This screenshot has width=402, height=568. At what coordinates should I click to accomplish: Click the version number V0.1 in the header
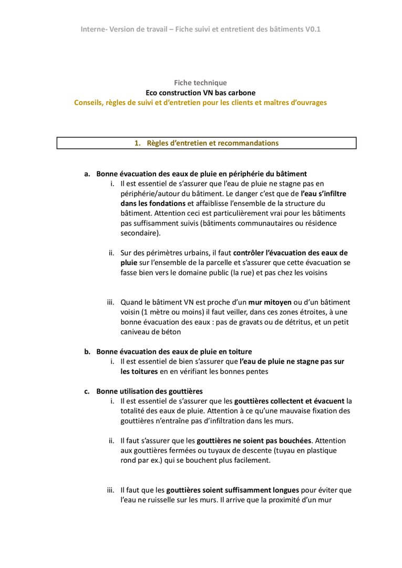[312, 29]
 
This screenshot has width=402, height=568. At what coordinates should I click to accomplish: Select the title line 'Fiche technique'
[201, 83]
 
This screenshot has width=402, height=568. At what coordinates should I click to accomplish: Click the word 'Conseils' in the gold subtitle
[89, 103]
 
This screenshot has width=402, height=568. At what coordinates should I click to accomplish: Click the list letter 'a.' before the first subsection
[88, 173]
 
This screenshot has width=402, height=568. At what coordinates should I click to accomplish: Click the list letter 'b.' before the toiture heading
[88, 351]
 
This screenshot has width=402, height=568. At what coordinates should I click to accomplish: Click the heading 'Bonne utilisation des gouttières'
[150, 391]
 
